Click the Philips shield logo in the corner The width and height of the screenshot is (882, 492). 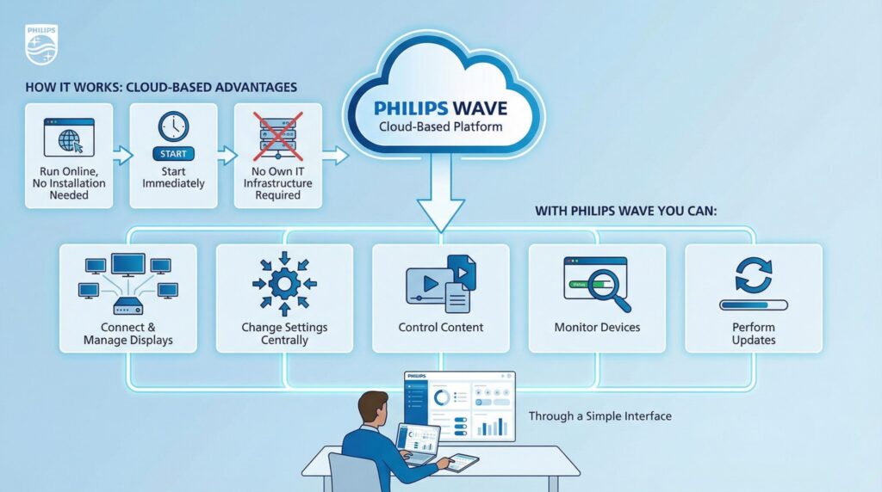(41, 46)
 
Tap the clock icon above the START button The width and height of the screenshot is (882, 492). (173, 126)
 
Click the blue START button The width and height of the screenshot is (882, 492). (173, 154)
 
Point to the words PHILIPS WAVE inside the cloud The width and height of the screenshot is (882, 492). (441, 108)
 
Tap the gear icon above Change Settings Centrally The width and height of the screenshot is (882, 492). (284, 283)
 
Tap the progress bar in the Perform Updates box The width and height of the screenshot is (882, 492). (753, 304)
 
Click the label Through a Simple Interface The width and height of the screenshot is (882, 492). (599, 416)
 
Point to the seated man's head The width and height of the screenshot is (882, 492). (373, 409)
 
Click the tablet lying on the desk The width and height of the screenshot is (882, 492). (462, 461)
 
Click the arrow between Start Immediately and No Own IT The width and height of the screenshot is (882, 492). (227, 156)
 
